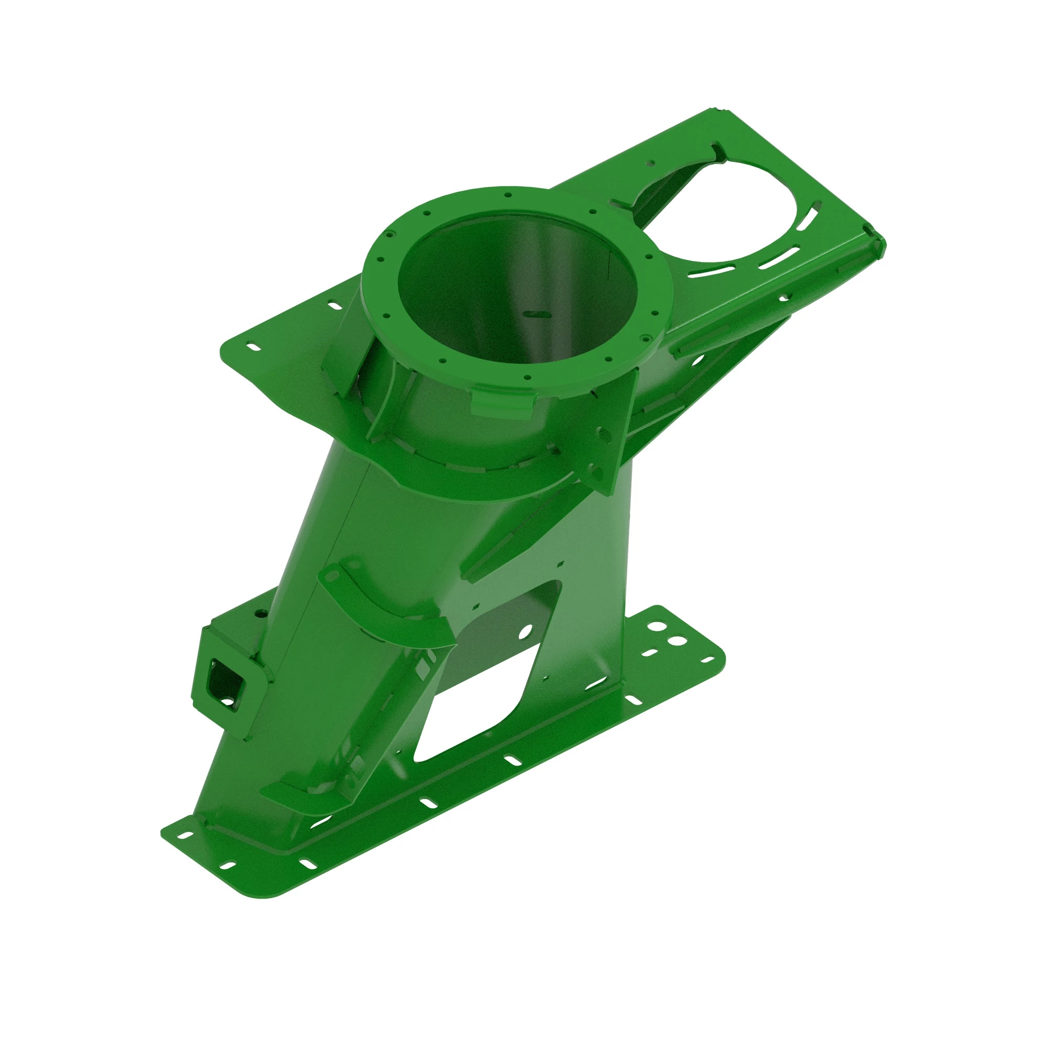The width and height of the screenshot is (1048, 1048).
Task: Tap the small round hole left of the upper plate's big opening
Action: pos(649,161)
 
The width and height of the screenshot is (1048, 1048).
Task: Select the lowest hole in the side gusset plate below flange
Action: pos(598,475)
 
